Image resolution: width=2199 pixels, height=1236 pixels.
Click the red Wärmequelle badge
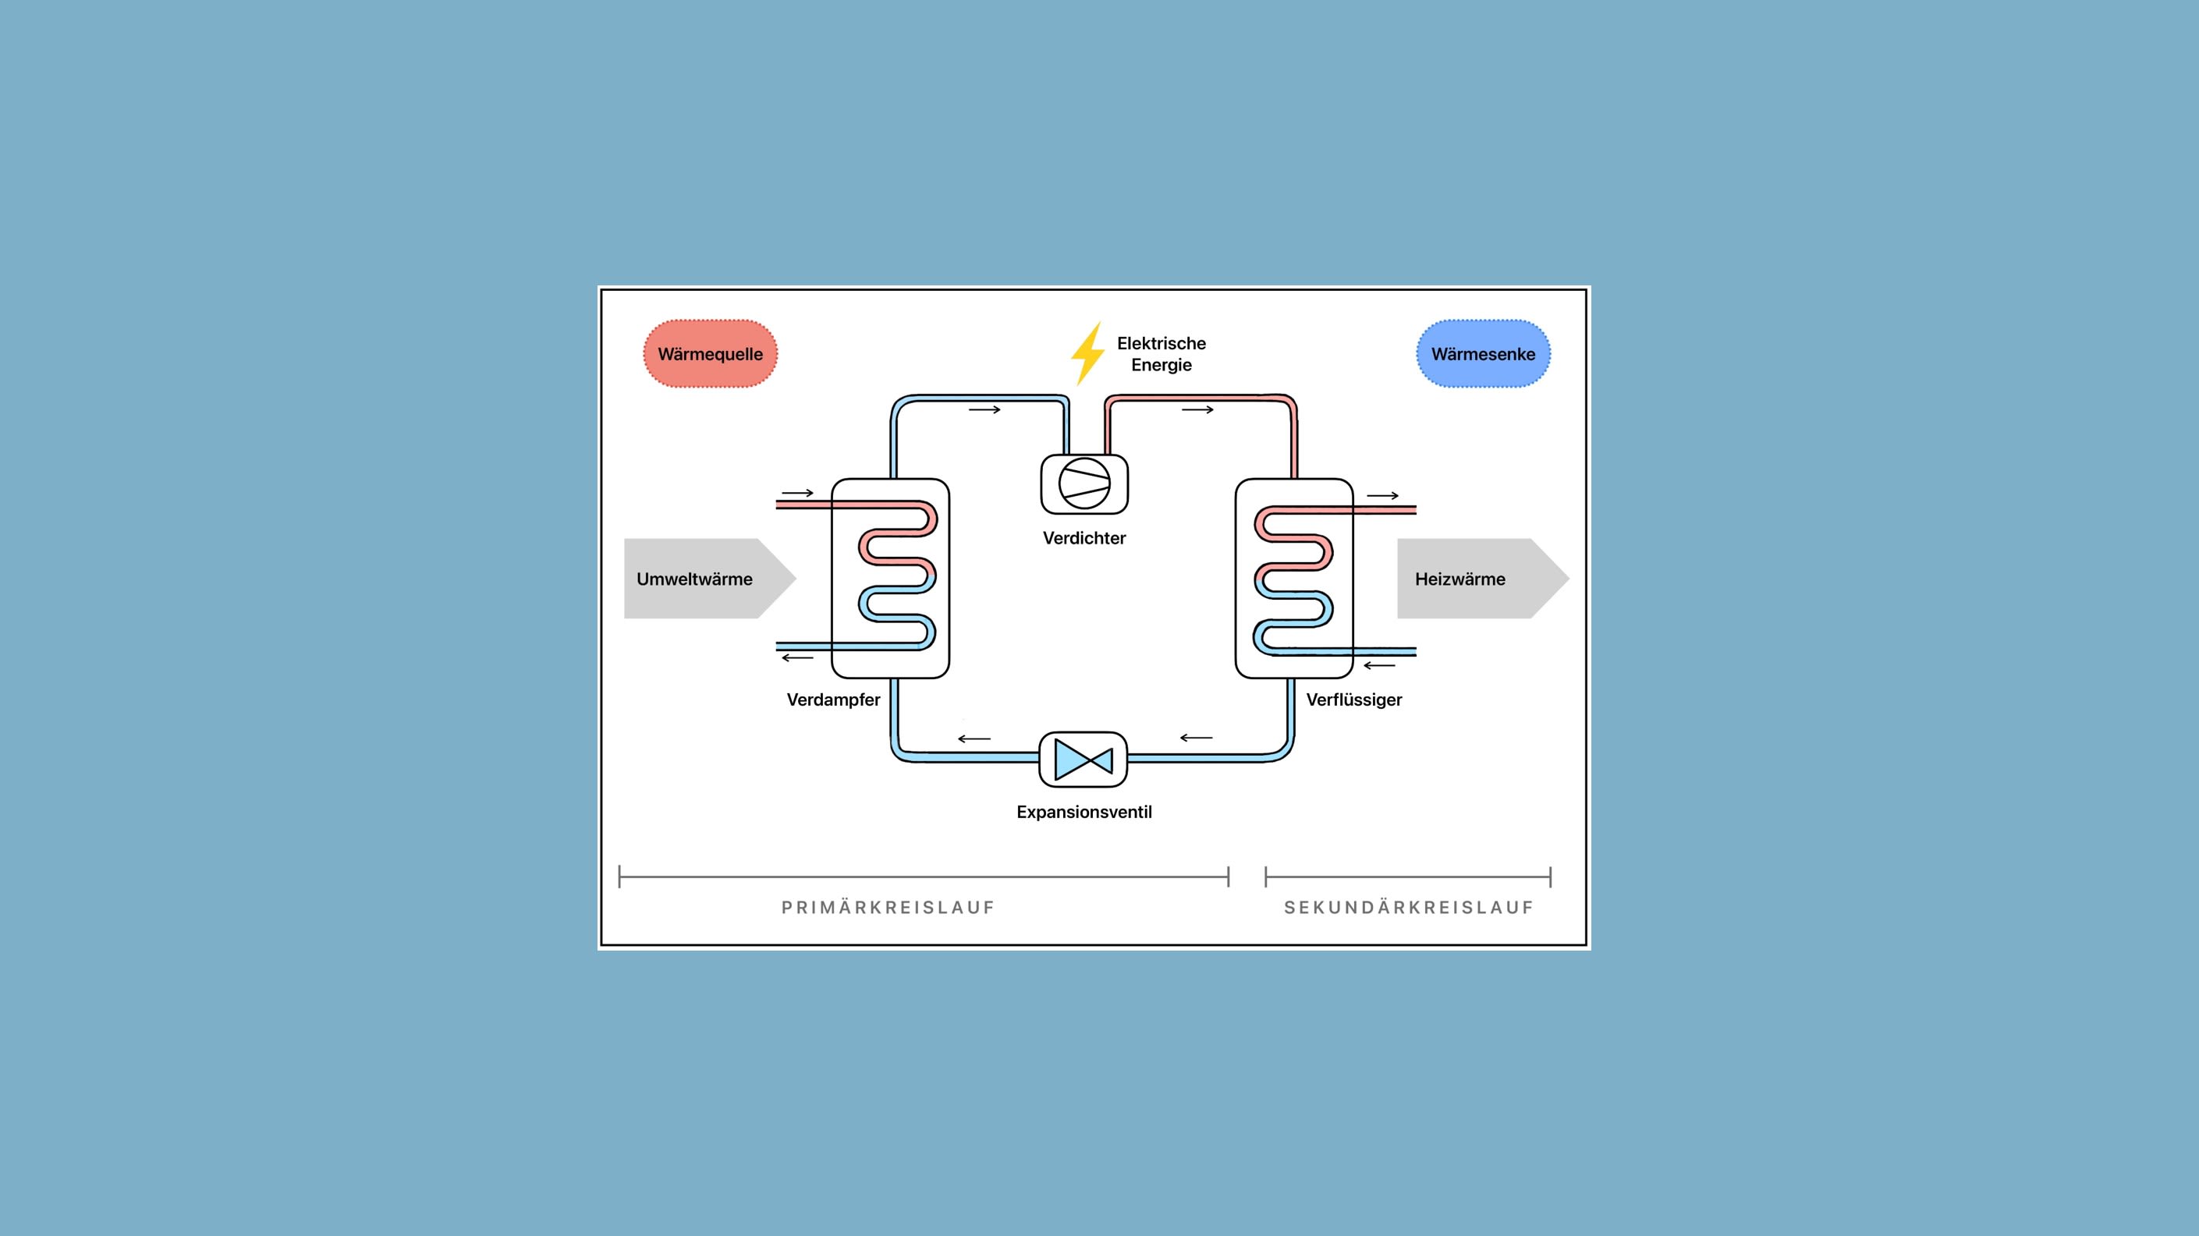pos(710,353)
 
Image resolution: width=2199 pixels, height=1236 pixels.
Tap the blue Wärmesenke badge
pos(1483,353)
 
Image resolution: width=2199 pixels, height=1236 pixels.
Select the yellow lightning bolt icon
pos(1087,353)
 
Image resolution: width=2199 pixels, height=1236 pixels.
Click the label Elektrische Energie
pos(1161,353)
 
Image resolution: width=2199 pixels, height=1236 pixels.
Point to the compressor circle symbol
pos(1084,483)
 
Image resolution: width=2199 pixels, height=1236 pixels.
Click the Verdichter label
pos(1084,538)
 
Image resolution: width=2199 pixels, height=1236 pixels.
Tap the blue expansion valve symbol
pos(1084,759)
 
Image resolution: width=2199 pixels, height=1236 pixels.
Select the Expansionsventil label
pos(1084,812)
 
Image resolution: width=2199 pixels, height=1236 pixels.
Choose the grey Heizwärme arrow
pos(1483,578)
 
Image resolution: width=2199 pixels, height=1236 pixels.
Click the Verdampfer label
pos(833,700)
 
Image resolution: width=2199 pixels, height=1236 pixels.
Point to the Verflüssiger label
pos(1354,700)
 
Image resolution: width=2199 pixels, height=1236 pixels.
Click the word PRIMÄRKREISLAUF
pos(888,908)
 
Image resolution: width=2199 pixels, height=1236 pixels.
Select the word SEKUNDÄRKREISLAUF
pos(1410,908)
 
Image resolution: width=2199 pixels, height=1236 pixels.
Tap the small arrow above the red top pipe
pos(1197,409)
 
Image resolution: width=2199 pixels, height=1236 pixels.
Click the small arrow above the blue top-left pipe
pos(984,409)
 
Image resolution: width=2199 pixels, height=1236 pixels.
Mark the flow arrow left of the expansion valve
pos(974,738)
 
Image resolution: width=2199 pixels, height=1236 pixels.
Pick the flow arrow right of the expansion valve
pos(1196,738)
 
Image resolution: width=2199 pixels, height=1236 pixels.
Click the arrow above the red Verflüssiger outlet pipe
pos(1383,495)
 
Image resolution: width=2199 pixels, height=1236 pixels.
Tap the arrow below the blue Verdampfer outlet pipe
pos(797,657)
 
